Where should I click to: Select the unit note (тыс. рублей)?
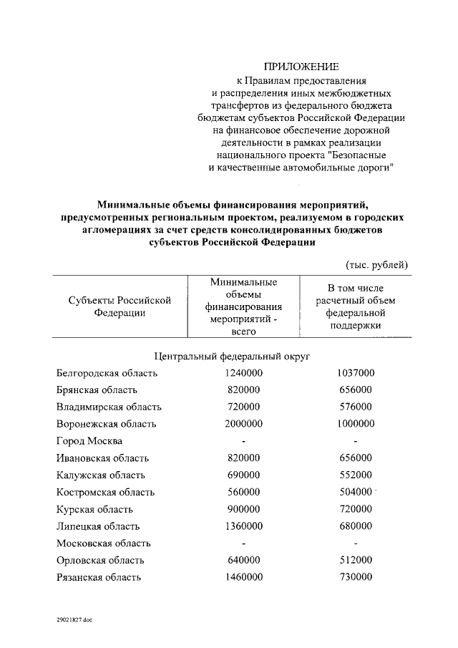point(377,264)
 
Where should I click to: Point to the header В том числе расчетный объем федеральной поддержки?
point(356,306)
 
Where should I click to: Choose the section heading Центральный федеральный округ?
point(232,357)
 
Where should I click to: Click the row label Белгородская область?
point(107,374)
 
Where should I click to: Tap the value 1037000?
point(356,374)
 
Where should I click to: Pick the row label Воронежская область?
point(106,424)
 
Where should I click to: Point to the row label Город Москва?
point(89,441)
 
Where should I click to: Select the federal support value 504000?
point(356,492)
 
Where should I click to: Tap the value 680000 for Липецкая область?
point(356,526)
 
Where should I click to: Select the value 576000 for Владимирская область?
point(356,407)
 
